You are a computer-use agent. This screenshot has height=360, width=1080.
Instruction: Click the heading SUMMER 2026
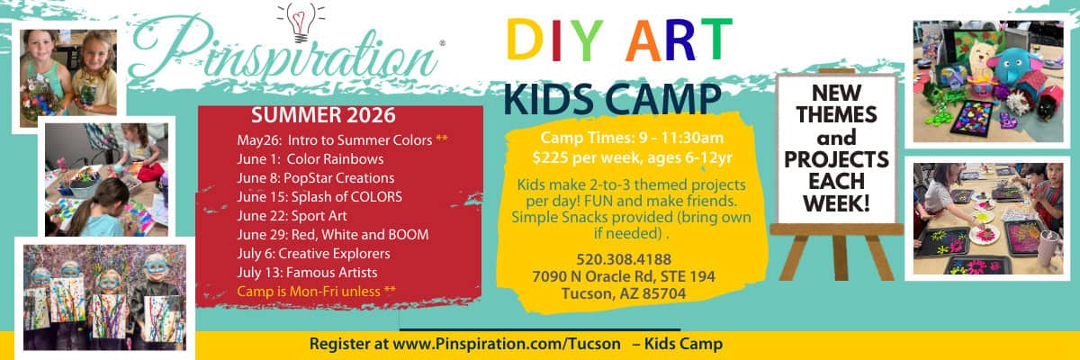tap(323, 115)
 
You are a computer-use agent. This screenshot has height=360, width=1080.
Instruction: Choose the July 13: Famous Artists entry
tap(307, 272)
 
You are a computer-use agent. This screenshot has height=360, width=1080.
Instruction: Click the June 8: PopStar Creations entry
tap(315, 177)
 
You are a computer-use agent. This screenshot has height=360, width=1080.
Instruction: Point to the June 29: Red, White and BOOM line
tap(332, 234)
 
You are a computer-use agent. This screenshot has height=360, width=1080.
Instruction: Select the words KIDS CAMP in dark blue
tap(612, 98)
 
